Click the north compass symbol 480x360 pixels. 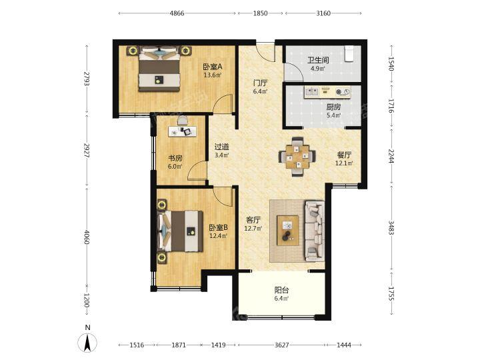[x=87, y=340]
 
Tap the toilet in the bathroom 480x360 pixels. [x=349, y=53]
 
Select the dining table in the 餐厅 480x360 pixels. [x=297, y=157]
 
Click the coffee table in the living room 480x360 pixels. [x=288, y=230]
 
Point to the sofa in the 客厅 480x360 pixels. [x=315, y=231]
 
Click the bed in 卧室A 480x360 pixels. [x=159, y=68]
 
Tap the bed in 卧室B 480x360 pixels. [x=180, y=231]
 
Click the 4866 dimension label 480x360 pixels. [x=177, y=13]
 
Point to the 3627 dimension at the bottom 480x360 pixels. [x=281, y=345]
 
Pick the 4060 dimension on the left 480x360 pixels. [x=87, y=237]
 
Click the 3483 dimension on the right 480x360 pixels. [x=391, y=227]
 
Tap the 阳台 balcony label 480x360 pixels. [x=281, y=289]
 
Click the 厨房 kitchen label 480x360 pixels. [x=333, y=107]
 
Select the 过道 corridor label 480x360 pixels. [x=221, y=147]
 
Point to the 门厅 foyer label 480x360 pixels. [x=261, y=83]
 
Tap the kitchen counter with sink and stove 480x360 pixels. [x=327, y=92]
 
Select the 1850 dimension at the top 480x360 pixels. [x=261, y=13]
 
